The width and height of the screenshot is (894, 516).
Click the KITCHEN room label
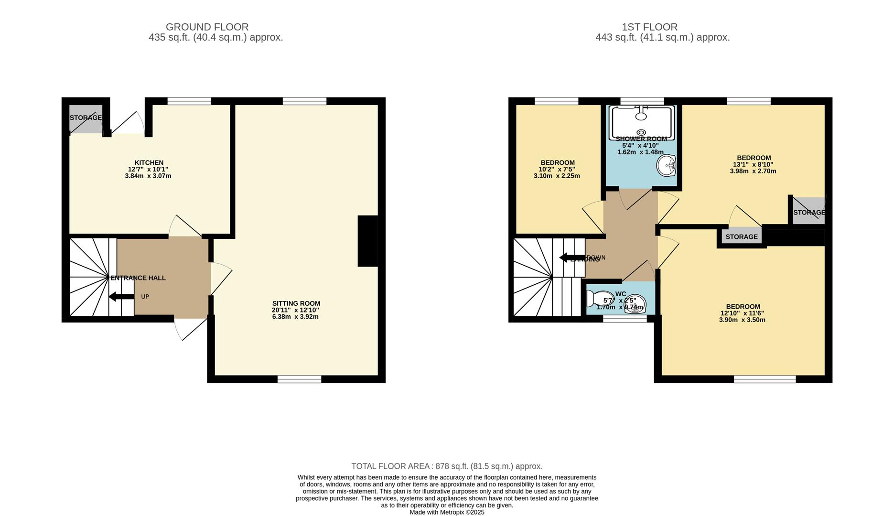[x=149, y=163]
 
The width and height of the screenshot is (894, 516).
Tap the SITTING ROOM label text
[x=296, y=303]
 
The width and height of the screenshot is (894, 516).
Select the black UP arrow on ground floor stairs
[x=121, y=297]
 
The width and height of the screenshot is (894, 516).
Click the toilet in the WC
[x=595, y=299]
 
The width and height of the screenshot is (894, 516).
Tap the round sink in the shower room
[x=666, y=166]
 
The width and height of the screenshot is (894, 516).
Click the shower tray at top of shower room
[x=641, y=123]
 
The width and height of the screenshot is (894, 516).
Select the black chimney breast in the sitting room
[x=367, y=241]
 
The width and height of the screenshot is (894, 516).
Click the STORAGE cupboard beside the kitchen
[x=86, y=118]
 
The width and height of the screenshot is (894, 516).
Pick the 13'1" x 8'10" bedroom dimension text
[x=753, y=164]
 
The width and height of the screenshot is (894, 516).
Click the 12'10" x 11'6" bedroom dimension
[x=742, y=313]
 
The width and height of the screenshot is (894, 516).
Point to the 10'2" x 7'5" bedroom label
[x=557, y=169]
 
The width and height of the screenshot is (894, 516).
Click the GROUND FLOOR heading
[x=207, y=27]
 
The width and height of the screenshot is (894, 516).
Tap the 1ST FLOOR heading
[x=649, y=27]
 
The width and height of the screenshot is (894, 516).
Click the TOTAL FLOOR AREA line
[x=447, y=466]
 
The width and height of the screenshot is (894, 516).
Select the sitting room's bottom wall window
[x=300, y=379]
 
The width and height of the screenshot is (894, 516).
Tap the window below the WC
[x=625, y=319]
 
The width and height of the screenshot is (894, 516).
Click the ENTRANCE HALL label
[x=138, y=278]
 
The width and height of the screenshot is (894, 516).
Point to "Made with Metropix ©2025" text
[x=447, y=512]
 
